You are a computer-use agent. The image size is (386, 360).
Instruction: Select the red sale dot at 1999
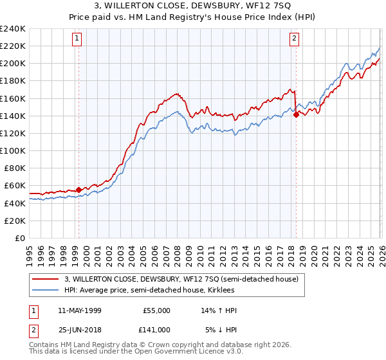(78, 190)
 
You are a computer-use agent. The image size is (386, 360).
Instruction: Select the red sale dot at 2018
(296, 115)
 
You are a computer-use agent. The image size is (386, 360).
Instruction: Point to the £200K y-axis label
(13, 64)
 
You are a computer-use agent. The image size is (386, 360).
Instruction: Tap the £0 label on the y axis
(19, 238)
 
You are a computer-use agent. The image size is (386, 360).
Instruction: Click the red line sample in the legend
(46, 280)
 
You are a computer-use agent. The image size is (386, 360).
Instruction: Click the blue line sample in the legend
(46, 291)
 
